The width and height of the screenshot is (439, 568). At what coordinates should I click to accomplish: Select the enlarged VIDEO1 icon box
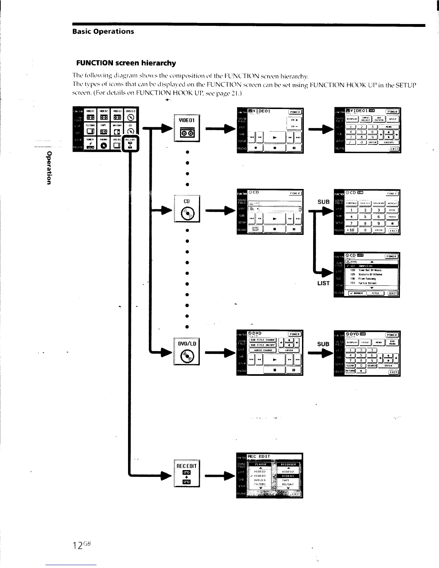coord(187,128)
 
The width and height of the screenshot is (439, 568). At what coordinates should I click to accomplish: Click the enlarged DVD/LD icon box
coord(187,352)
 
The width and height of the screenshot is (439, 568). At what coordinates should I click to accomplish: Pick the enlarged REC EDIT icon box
coord(187,473)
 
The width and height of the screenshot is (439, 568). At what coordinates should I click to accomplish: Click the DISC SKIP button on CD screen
coord(256,229)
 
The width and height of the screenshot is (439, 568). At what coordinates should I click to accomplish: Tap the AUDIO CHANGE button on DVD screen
coord(263,350)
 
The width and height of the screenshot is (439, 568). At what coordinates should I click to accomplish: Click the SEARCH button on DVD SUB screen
coord(372,366)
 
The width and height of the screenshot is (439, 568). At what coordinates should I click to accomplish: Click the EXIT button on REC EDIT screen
coord(296,494)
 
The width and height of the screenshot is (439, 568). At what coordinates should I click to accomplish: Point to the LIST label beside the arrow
coord(323,283)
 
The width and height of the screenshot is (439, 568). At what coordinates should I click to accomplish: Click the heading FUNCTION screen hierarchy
coord(126,63)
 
